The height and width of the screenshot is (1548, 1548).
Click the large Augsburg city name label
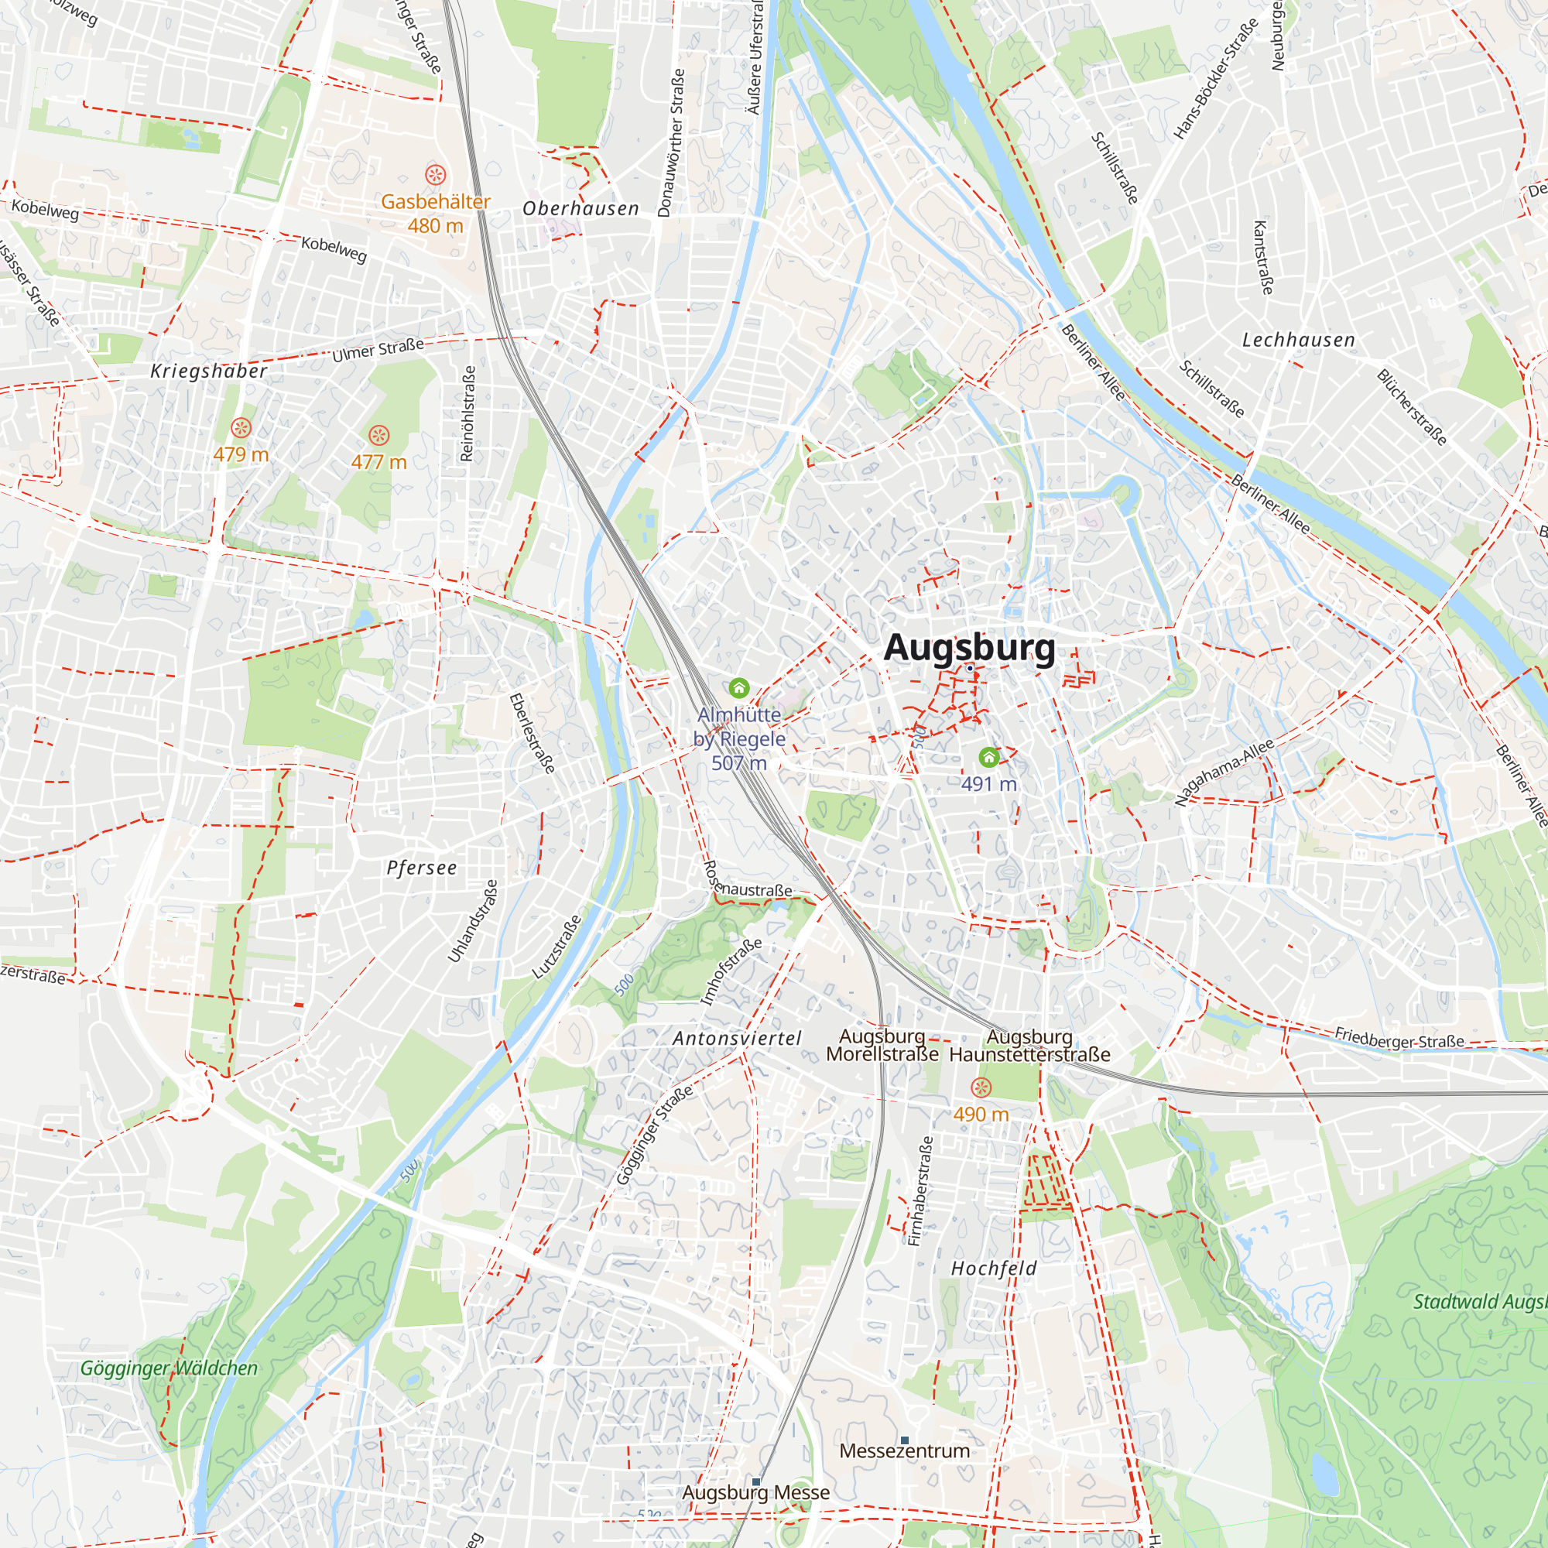(969, 647)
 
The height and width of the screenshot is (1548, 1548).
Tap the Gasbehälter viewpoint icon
(435, 174)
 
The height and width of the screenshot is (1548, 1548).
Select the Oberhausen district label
(581, 209)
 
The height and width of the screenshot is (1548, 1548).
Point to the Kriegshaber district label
(209, 371)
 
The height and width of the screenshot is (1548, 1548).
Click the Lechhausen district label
(1298, 341)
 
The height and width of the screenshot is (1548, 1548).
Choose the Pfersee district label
(422, 868)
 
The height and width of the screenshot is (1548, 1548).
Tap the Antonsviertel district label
(737, 1039)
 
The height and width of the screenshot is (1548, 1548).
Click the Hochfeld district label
(994, 1269)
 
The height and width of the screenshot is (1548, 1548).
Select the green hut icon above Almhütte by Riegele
(738, 687)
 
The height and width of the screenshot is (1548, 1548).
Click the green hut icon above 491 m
(988, 756)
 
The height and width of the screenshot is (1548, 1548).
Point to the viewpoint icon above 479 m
(241, 428)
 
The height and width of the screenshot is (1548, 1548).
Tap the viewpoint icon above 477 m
(379, 435)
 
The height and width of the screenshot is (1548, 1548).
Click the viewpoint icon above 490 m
(981, 1087)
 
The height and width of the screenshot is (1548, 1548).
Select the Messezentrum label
(904, 1450)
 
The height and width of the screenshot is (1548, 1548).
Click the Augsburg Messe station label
(755, 1492)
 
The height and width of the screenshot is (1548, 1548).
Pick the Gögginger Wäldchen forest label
(169, 1368)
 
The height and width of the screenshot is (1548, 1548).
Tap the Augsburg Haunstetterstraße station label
(1029, 1046)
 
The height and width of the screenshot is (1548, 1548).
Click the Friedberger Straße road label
(1399, 1039)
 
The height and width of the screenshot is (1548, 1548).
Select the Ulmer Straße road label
(378, 349)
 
